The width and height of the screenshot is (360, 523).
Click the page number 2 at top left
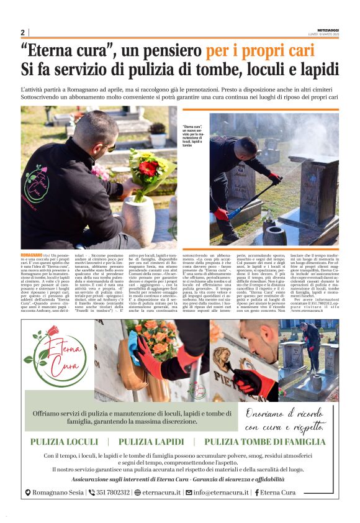(22, 32)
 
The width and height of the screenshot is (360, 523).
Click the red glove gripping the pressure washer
(274, 179)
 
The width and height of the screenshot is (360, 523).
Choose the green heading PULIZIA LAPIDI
(151, 442)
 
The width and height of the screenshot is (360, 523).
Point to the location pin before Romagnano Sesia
(27, 493)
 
